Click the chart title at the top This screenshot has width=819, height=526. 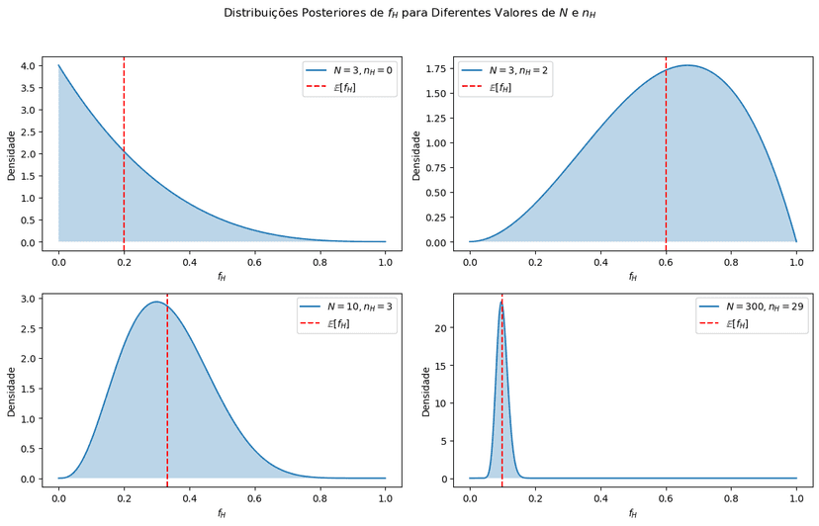(409, 14)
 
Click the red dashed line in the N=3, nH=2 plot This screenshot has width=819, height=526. (666, 148)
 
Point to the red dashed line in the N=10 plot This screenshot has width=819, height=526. (167, 395)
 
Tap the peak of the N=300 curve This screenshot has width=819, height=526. (501, 302)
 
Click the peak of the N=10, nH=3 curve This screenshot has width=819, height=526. (156, 303)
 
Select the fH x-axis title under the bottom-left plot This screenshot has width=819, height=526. (222, 513)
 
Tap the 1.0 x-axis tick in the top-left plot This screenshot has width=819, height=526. (385, 262)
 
